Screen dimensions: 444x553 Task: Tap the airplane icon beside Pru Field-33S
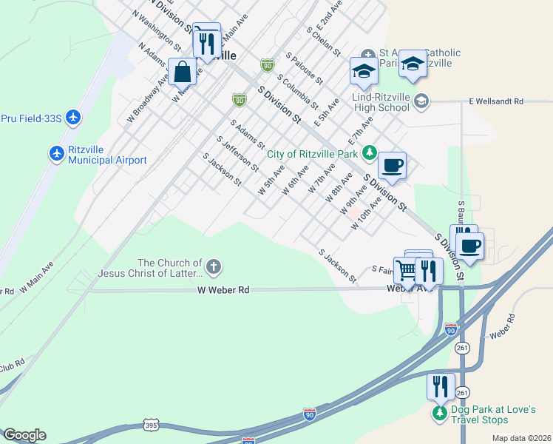[x=72, y=117]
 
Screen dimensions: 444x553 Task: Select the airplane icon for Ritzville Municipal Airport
[x=57, y=153]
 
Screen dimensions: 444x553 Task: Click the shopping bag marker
[x=183, y=73]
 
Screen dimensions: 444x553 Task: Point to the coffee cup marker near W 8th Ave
[x=392, y=164]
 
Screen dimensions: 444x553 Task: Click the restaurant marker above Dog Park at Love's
[x=441, y=387]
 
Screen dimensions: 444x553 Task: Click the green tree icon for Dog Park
[x=440, y=413]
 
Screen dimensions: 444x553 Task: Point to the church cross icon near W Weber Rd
[x=214, y=266]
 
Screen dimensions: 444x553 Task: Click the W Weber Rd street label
[x=223, y=290]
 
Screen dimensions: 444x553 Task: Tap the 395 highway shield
[x=150, y=425]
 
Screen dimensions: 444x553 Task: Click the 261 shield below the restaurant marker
[x=463, y=391]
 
